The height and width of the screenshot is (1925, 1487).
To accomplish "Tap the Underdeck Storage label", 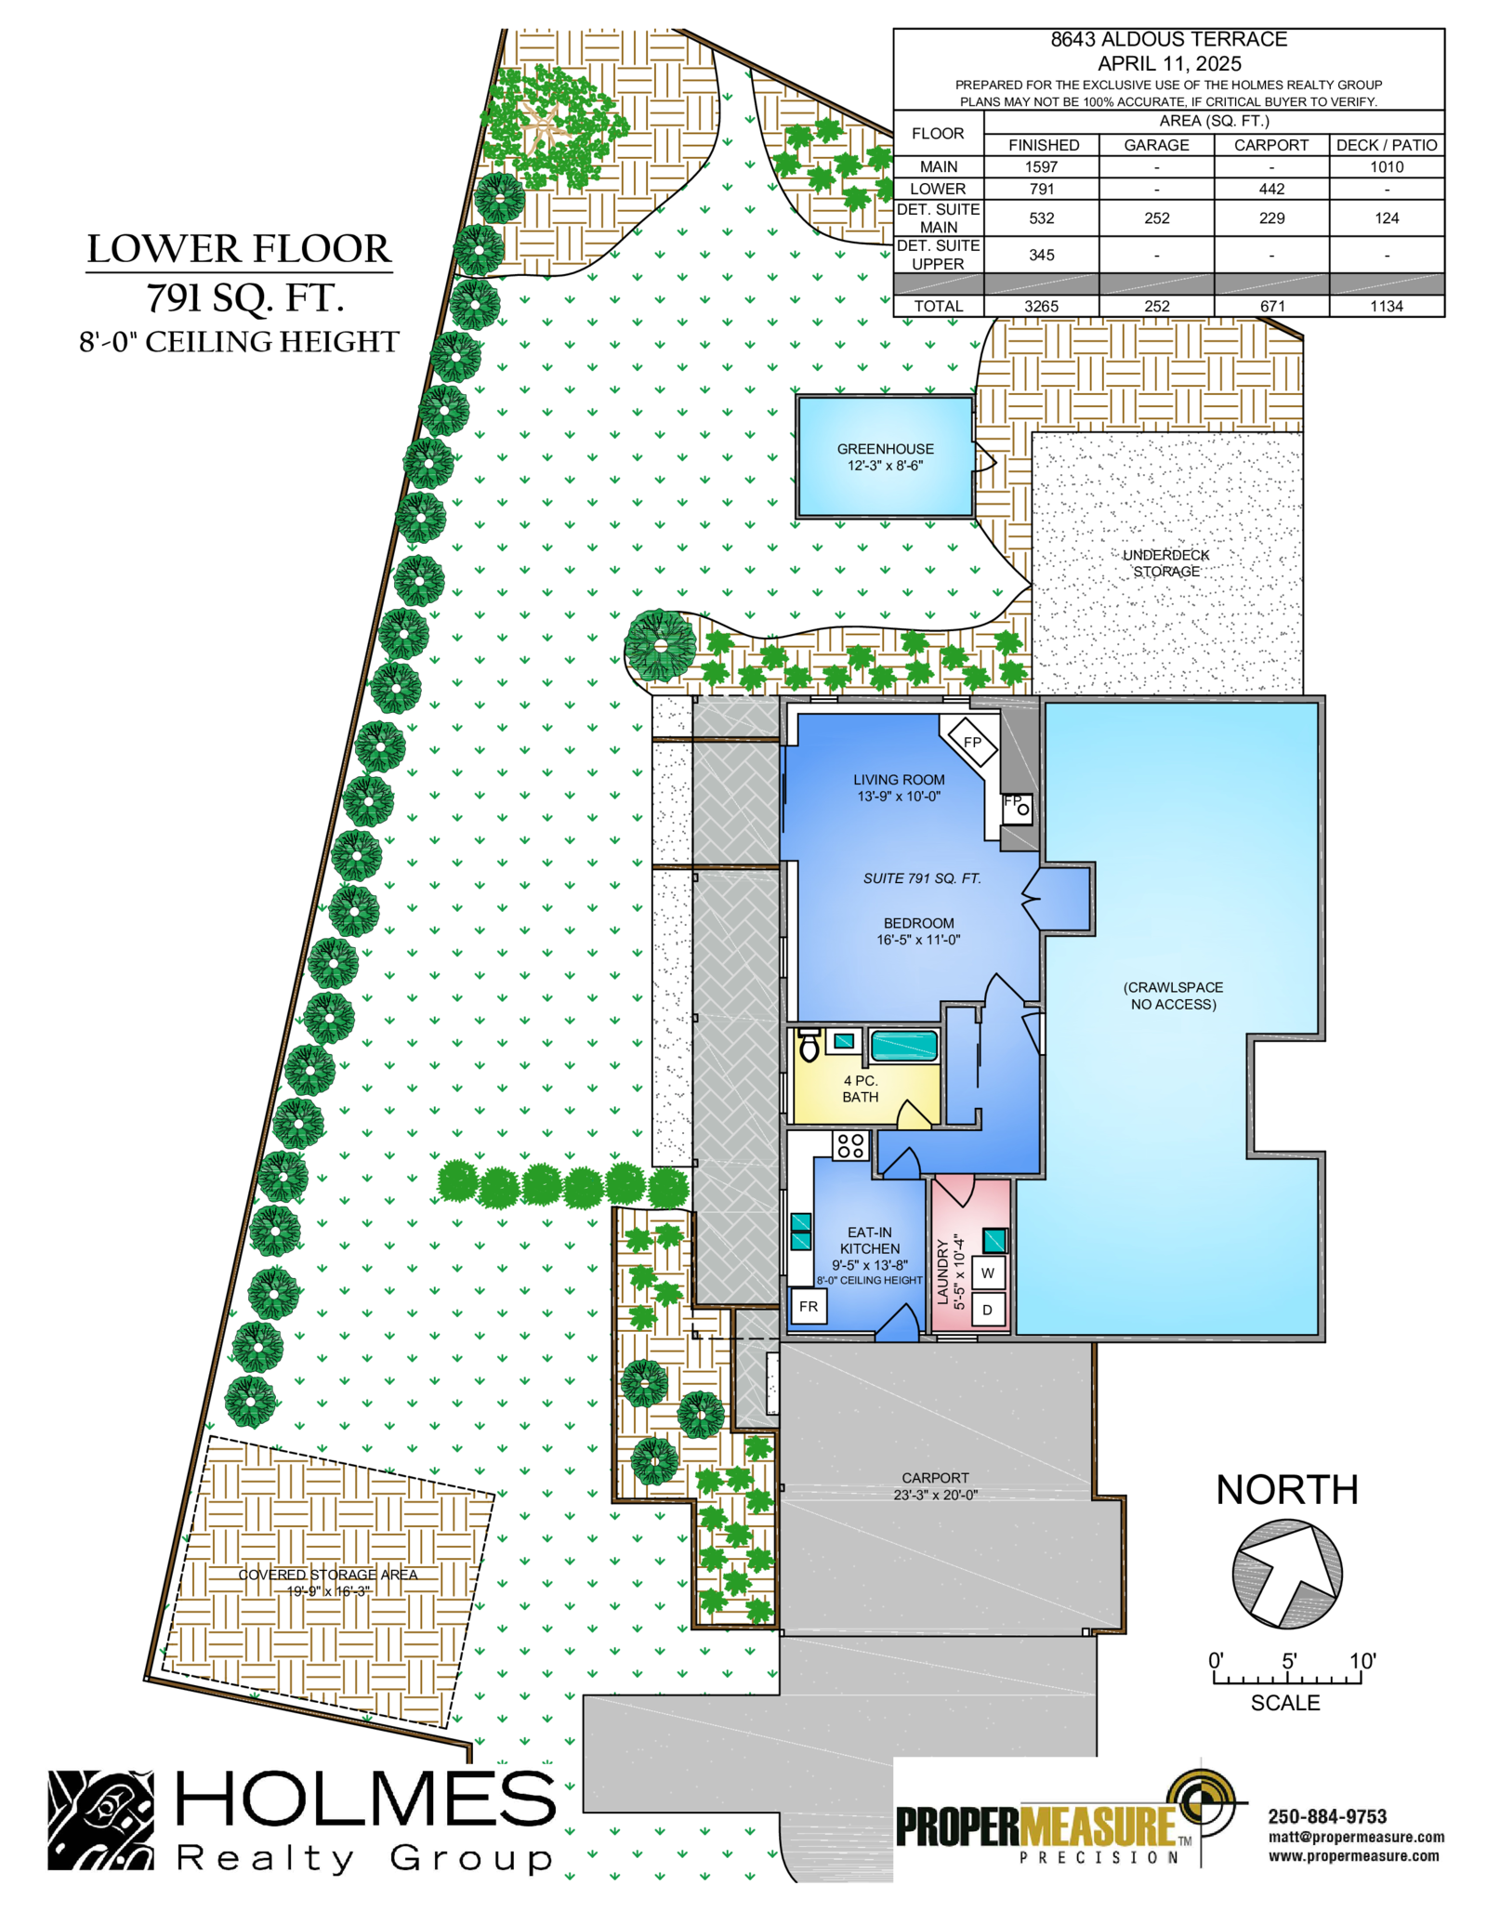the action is click(1165, 562).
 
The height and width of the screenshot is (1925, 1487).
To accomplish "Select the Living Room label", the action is click(899, 787).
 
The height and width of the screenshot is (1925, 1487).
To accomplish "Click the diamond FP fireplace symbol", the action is click(971, 742).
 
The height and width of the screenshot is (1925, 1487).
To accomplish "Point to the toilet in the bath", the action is click(809, 1045).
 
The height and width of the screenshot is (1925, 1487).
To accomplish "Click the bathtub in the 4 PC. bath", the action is click(904, 1046).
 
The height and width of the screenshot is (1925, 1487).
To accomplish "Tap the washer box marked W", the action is click(988, 1272).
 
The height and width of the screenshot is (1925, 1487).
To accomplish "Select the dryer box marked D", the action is click(988, 1309).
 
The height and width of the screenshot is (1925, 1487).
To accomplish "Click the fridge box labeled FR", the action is click(808, 1306).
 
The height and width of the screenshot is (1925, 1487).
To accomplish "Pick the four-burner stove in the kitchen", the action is click(849, 1145).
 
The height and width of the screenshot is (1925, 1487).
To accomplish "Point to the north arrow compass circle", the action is click(1287, 1574).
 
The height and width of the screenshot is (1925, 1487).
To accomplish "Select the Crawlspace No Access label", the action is click(1173, 995).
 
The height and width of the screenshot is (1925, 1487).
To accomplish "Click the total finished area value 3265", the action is click(1041, 306).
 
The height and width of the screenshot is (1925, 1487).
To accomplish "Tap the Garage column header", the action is click(1156, 145).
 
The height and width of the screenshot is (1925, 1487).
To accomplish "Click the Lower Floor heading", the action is click(239, 249).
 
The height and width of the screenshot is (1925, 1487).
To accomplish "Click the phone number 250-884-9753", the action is click(1327, 1816).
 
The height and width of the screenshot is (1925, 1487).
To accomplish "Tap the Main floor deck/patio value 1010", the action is click(1386, 167).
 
